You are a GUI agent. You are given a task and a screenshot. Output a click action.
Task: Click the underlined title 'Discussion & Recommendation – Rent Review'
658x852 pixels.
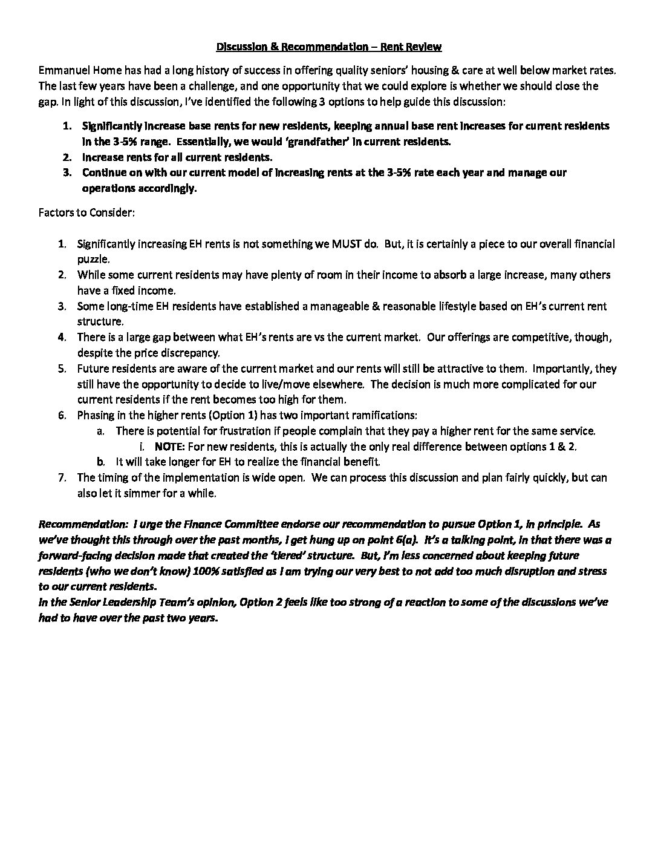pos(329,47)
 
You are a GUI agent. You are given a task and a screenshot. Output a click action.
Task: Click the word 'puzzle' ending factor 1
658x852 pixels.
pos(93,260)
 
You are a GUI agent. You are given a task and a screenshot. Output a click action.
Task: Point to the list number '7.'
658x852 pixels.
pos(62,477)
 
